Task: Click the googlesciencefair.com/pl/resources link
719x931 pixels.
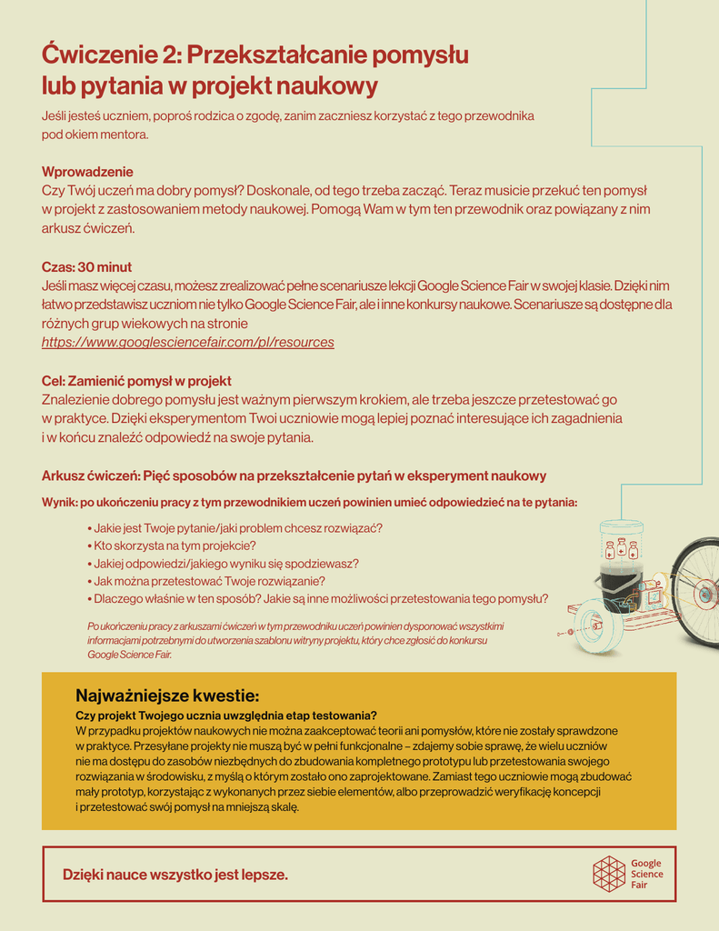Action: click(187, 343)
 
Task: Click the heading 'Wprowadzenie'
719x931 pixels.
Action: click(87, 172)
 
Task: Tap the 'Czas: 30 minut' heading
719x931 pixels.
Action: click(86, 267)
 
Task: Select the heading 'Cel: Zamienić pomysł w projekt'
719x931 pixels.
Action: click(136, 381)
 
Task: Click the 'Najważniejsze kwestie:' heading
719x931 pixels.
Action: click(167, 696)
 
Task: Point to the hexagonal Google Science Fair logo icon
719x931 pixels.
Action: click(608, 874)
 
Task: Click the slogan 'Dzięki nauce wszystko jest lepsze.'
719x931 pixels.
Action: click(175, 875)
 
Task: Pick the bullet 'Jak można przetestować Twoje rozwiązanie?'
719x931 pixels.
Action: click(209, 581)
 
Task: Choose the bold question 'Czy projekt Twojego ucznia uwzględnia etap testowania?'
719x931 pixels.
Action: click(226, 716)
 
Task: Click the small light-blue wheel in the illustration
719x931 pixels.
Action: click(597, 626)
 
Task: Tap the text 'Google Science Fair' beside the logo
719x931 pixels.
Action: click(646, 874)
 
